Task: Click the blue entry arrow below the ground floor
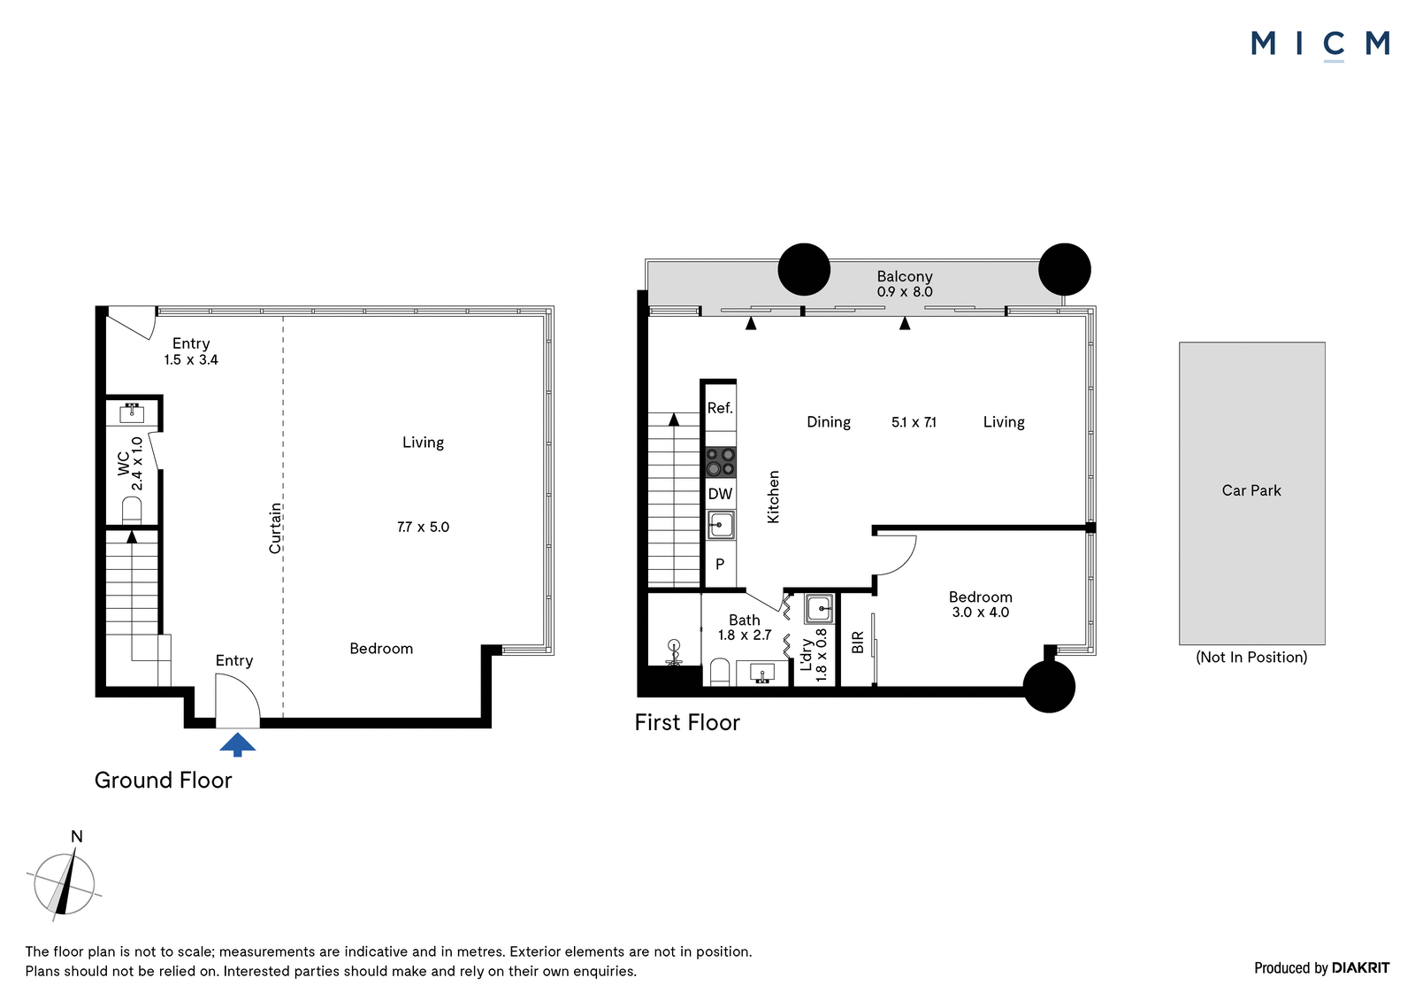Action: pyautogui.click(x=238, y=744)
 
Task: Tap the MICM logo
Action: pyautogui.click(x=1319, y=44)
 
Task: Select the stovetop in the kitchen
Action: pyautogui.click(x=720, y=462)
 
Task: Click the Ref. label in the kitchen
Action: pyautogui.click(x=720, y=409)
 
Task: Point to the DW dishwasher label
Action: pyautogui.click(x=720, y=494)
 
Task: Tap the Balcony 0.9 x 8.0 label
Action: pyautogui.click(x=905, y=284)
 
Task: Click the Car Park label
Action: pyautogui.click(x=1251, y=490)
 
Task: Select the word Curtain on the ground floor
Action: pyautogui.click(x=275, y=528)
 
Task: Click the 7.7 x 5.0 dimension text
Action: pyautogui.click(x=424, y=527)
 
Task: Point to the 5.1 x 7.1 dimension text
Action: pyautogui.click(x=914, y=422)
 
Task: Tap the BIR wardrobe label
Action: pyautogui.click(x=857, y=643)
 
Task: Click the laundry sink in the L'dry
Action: pyautogui.click(x=819, y=609)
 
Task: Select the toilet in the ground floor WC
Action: pyautogui.click(x=132, y=511)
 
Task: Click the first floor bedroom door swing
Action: pyautogui.click(x=896, y=555)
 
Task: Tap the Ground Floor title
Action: pyautogui.click(x=163, y=781)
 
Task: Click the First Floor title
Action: pyautogui.click(x=687, y=723)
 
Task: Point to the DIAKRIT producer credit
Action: pyautogui.click(x=1360, y=968)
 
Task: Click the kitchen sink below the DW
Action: pyautogui.click(x=720, y=525)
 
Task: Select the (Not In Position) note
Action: pyautogui.click(x=1251, y=657)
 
